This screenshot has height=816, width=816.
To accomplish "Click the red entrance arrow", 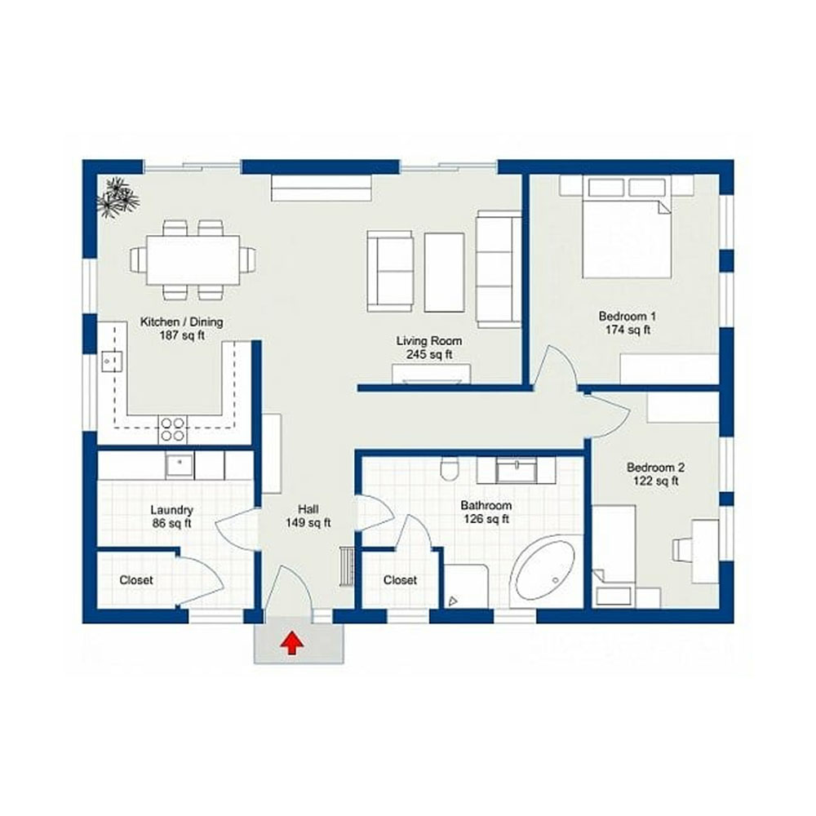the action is click(292, 643).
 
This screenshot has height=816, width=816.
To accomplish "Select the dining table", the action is click(193, 259).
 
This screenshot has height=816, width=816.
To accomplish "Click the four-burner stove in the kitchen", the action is click(173, 429).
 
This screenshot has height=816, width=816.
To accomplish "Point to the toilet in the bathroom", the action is click(449, 468).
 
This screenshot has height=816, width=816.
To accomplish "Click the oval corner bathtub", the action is click(543, 572).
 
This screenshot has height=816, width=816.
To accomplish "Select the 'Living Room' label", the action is click(429, 341).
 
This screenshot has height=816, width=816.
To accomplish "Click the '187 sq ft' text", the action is click(182, 335).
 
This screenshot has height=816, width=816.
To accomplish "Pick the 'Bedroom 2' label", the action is click(655, 467).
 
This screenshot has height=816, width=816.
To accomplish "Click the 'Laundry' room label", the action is click(171, 510).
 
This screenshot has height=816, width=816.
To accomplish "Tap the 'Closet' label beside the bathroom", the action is click(400, 579).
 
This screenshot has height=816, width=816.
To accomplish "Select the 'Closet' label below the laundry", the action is click(136, 579).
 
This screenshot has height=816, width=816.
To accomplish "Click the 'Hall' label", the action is click(308, 509).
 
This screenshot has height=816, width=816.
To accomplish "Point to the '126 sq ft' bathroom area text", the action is click(486, 519).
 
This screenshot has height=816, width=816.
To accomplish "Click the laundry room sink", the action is click(180, 465).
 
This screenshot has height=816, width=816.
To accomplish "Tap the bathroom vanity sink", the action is click(517, 471).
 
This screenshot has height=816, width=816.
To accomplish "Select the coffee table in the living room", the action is click(444, 273).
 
